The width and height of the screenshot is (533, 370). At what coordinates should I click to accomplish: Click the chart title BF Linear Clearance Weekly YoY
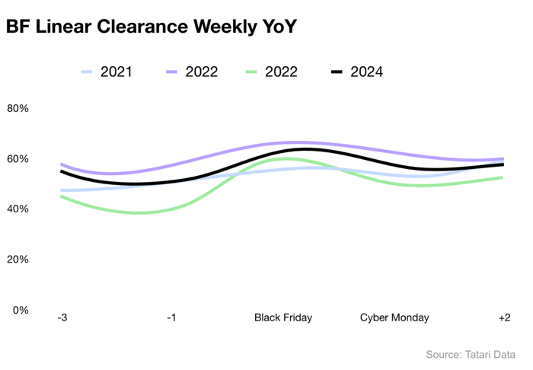pyautogui.click(x=151, y=27)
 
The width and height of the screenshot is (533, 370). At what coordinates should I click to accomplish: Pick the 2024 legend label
pyautogui.click(x=366, y=72)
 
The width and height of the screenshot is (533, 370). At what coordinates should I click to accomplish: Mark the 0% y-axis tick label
pyautogui.click(x=21, y=310)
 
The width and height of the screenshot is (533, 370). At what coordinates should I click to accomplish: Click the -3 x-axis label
pyautogui.click(x=62, y=317)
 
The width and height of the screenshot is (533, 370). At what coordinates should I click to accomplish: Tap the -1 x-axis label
pyautogui.click(x=171, y=317)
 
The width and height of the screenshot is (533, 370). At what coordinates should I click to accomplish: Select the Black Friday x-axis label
pyautogui.click(x=283, y=317)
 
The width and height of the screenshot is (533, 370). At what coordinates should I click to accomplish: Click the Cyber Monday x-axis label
pyautogui.click(x=394, y=317)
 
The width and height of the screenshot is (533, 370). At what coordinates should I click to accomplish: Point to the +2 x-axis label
pyautogui.click(x=503, y=317)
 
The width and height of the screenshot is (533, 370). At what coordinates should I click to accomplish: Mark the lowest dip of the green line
pyautogui.click(x=138, y=212)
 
